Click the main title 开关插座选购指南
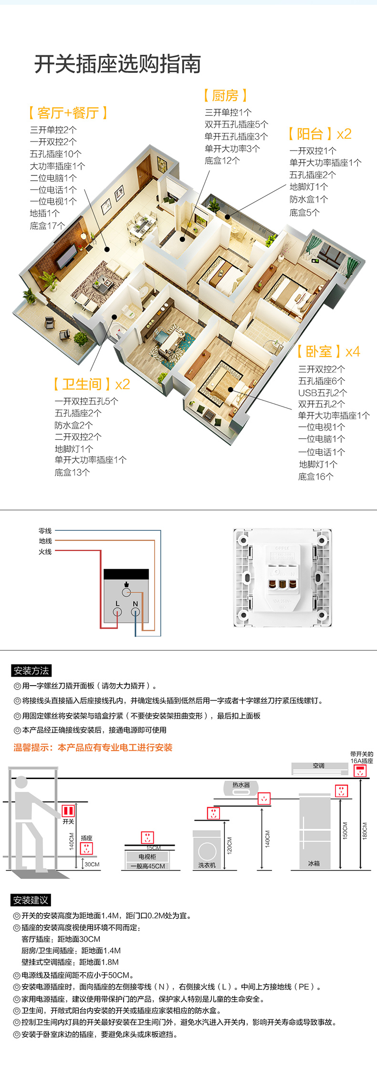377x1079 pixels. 117,64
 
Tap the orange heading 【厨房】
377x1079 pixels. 226,95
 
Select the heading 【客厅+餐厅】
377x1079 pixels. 68,113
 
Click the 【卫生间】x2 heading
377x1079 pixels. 91,384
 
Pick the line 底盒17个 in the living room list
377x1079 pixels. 47,226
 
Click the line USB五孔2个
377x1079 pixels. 323,392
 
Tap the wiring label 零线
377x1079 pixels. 45,531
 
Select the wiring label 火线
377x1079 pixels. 45,552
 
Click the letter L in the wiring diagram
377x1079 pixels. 117,604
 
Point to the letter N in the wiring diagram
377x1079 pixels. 135,604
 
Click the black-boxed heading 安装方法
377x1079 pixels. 31,670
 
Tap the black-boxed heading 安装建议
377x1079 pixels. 31,900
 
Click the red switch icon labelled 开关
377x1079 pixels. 68,811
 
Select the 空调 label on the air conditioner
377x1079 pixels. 318,766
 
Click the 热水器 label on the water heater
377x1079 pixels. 241,785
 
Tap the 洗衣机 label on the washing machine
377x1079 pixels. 207,865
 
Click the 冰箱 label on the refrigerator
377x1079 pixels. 314,863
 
